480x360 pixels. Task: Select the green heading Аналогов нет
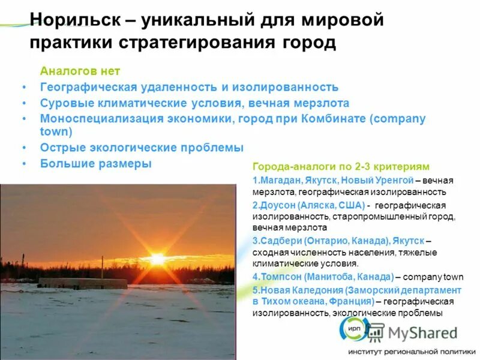click(76, 71)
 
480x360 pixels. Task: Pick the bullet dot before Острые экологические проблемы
click(24, 148)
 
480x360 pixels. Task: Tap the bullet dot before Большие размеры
click(24, 163)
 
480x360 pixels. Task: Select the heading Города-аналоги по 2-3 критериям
click(341, 167)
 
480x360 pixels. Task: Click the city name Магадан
click(277, 180)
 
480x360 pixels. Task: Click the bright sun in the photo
click(158, 259)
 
